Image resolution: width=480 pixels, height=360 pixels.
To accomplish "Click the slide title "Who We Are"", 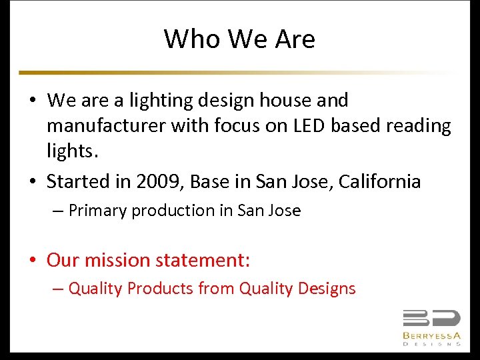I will [239, 39].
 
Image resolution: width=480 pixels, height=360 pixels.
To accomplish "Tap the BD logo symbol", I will [431, 319].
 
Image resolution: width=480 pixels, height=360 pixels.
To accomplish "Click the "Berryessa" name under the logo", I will [431, 335].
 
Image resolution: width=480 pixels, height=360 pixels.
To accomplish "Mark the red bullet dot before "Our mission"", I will [33, 260].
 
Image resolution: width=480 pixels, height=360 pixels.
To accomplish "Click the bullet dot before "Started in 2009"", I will [33, 182].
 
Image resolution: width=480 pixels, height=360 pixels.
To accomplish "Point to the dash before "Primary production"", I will [57, 211].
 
